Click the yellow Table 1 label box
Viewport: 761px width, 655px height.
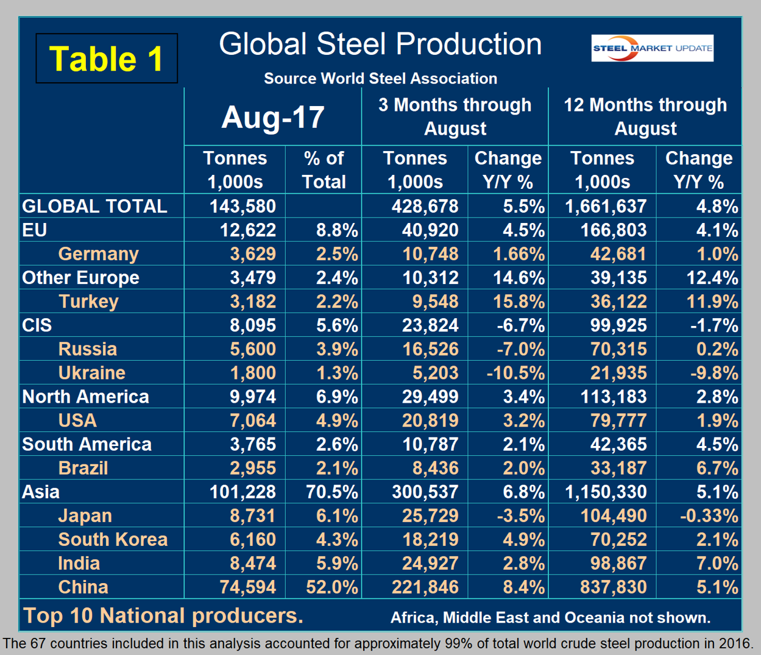107,58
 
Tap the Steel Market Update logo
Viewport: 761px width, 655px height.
652,48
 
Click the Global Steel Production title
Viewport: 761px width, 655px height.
380,44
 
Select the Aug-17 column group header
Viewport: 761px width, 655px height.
272,117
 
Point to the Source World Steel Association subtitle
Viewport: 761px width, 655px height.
380,79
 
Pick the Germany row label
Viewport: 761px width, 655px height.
98,253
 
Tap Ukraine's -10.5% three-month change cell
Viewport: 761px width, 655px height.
515,372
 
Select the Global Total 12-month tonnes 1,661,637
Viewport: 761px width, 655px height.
605,206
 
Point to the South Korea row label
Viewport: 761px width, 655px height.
113,539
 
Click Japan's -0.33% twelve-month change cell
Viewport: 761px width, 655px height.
709,515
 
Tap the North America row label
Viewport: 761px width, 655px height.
85,397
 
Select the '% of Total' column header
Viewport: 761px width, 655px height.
324,169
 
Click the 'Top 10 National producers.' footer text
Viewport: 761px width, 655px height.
163,615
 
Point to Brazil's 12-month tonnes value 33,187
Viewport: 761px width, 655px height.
618,468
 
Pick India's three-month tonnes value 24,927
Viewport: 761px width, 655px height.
430,563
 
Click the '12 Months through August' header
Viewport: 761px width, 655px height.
645,116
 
